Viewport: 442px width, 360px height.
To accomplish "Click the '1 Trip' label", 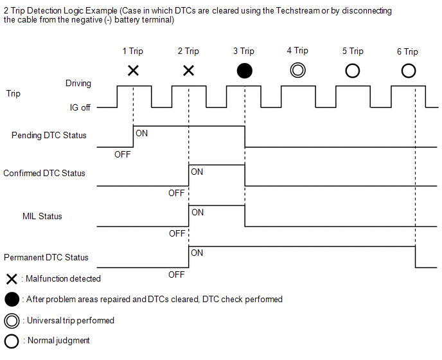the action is pyautogui.click(x=133, y=51).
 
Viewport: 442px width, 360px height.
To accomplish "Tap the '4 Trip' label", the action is pyautogui.click(x=297, y=51).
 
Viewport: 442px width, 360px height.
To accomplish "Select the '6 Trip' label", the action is pyautogui.click(x=407, y=51).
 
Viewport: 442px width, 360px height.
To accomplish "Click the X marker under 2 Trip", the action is pyautogui.click(x=189, y=71).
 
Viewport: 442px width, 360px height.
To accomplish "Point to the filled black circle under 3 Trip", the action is pyautogui.click(x=244, y=71).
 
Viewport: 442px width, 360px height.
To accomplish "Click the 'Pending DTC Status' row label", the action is pyautogui.click(x=49, y=136).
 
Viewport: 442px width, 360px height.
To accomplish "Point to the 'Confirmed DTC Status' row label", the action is pyautogui.click(x=44, y=173).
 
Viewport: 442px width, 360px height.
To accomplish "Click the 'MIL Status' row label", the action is pyautogui.click(x=42, y=217).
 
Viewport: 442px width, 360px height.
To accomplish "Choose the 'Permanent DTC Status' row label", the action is pyautogui.click(x=46, y=257).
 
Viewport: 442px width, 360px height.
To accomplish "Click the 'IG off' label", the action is pyautogui.click(x=80, y=107).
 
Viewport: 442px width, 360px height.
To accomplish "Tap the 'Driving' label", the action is pyautogui.click(x=78, y=83).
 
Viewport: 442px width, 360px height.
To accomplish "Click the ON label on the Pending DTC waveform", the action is pyautogui.click(x=141, y=133).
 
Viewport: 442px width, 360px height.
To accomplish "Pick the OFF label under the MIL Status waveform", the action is pyautogui.click(x=177, y=233).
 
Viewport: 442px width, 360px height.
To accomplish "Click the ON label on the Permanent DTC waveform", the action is pyautogui.click(x=197, y=253).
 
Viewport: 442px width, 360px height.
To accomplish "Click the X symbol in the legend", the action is pyautogui.click(x=12, y=279).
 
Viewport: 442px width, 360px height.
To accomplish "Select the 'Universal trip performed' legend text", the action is pyautogui.click(x=71, y=321).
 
